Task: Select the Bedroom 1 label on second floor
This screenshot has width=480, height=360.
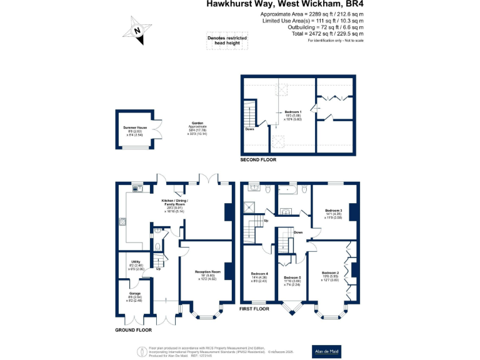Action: (x=293, y=112)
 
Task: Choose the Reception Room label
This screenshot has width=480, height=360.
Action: (x=207, y=272)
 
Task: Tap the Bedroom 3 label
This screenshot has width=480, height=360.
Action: (x=333, y=211)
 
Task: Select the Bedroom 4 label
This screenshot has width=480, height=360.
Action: (x=259, y=274)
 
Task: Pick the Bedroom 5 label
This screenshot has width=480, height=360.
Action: (x=292, y=277)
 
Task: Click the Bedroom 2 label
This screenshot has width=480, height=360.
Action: (x=330, y=273)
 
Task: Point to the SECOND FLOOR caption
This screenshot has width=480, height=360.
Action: (x=258, y=160)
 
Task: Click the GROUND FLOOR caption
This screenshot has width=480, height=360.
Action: (x=133, y=329)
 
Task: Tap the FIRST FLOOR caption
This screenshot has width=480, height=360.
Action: (x=255, y=309)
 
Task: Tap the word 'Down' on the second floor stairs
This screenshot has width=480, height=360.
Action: (x=249, y=129)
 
